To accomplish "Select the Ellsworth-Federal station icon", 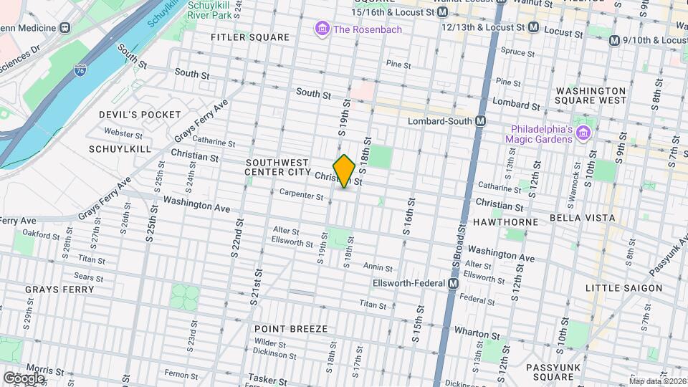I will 453,284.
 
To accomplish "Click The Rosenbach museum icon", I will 322,29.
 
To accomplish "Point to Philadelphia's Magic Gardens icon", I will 583,133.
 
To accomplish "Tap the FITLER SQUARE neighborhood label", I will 250,37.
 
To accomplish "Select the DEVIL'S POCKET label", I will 140,115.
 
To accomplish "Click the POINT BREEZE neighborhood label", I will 291,328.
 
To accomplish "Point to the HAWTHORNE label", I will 505,222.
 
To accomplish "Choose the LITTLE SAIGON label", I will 623,288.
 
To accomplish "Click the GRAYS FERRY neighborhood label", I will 59,290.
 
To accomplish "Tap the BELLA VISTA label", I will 582,217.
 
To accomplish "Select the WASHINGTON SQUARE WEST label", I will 591,95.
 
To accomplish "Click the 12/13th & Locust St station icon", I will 533,27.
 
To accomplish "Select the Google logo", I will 24,378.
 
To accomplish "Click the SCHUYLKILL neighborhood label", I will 120,148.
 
